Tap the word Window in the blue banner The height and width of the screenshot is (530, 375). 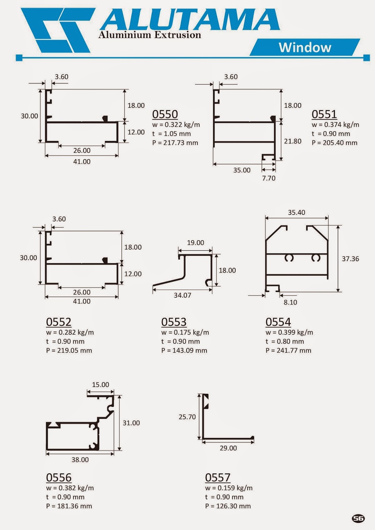(305, 47)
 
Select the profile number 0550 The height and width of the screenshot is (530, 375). (165, 114)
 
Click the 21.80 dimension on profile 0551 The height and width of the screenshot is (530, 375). (293, 141)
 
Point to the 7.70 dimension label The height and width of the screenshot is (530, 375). (269, 178)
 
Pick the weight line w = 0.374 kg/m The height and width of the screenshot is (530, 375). (335, 125)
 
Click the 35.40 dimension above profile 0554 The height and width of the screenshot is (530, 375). (296, 212)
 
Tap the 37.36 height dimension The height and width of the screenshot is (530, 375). (350, 259)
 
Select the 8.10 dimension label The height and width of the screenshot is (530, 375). (290, 302)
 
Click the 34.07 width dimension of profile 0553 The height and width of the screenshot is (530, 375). (182, 295)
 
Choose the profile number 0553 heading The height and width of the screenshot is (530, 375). (174, 322)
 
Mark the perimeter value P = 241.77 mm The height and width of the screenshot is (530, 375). (288, 350)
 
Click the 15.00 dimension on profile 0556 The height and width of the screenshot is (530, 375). (100, 385)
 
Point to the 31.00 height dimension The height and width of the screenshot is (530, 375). (131, 423)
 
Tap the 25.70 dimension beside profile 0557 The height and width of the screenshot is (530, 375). (187, 417)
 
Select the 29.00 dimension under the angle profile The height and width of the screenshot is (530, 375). (228, 448)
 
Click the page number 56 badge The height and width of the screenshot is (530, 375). (358, 518)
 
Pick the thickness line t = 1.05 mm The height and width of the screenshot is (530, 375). (171, 134)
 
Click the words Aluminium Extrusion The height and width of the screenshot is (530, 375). (150, 35)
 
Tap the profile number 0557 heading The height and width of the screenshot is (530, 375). (218, 478)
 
